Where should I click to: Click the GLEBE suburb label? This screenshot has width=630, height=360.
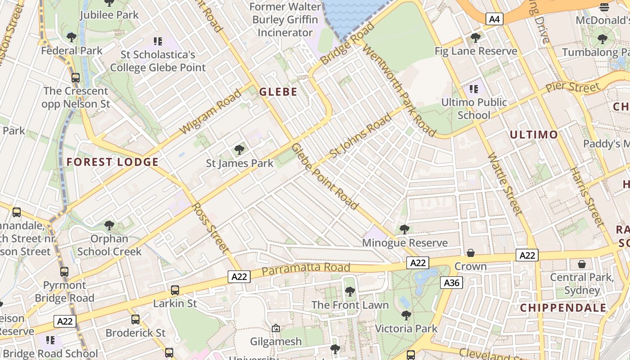pos(278,92)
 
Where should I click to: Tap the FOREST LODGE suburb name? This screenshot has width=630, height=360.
pos(112,162)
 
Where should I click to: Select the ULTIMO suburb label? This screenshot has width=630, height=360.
pos(534,135)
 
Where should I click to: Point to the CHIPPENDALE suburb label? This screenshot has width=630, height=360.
pos(563,308)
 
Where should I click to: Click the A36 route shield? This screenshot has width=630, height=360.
pos(451,283)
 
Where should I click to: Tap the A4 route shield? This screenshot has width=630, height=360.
pos(494,19)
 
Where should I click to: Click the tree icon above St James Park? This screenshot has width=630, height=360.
pos(239,150)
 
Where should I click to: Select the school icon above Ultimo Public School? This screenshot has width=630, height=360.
pos(473,89)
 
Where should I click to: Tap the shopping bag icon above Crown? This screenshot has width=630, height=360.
pos(470,253)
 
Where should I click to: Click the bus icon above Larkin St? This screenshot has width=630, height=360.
pos(175,290)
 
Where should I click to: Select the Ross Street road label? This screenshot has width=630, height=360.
pos(211,227)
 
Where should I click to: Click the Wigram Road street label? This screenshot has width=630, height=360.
pos(211,112)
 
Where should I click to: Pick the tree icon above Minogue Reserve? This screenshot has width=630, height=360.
pos(405,229)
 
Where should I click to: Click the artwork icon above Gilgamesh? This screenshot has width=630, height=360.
pos(276,328)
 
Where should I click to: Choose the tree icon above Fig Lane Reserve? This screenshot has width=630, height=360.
pos(475,38)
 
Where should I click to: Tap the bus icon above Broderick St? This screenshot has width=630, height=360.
pos(135,319)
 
